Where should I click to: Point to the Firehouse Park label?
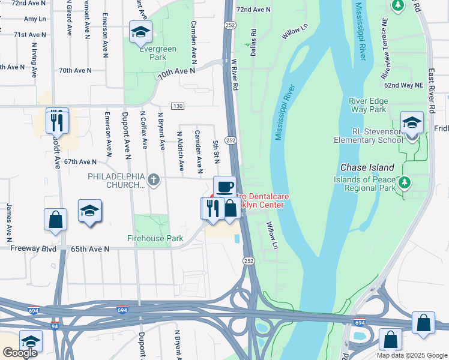tap(155, 238)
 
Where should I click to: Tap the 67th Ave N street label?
tap(80, 162)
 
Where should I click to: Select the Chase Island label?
tap(367, 167)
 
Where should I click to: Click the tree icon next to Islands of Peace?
tap(405, 182)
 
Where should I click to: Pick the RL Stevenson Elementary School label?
tap(369, 136)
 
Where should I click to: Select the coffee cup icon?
tap(225, 187)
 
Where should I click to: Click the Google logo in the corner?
tap(20, 352)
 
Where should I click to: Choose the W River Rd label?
tap(235, 75)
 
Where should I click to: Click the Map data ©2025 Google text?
tap(411, 355)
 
